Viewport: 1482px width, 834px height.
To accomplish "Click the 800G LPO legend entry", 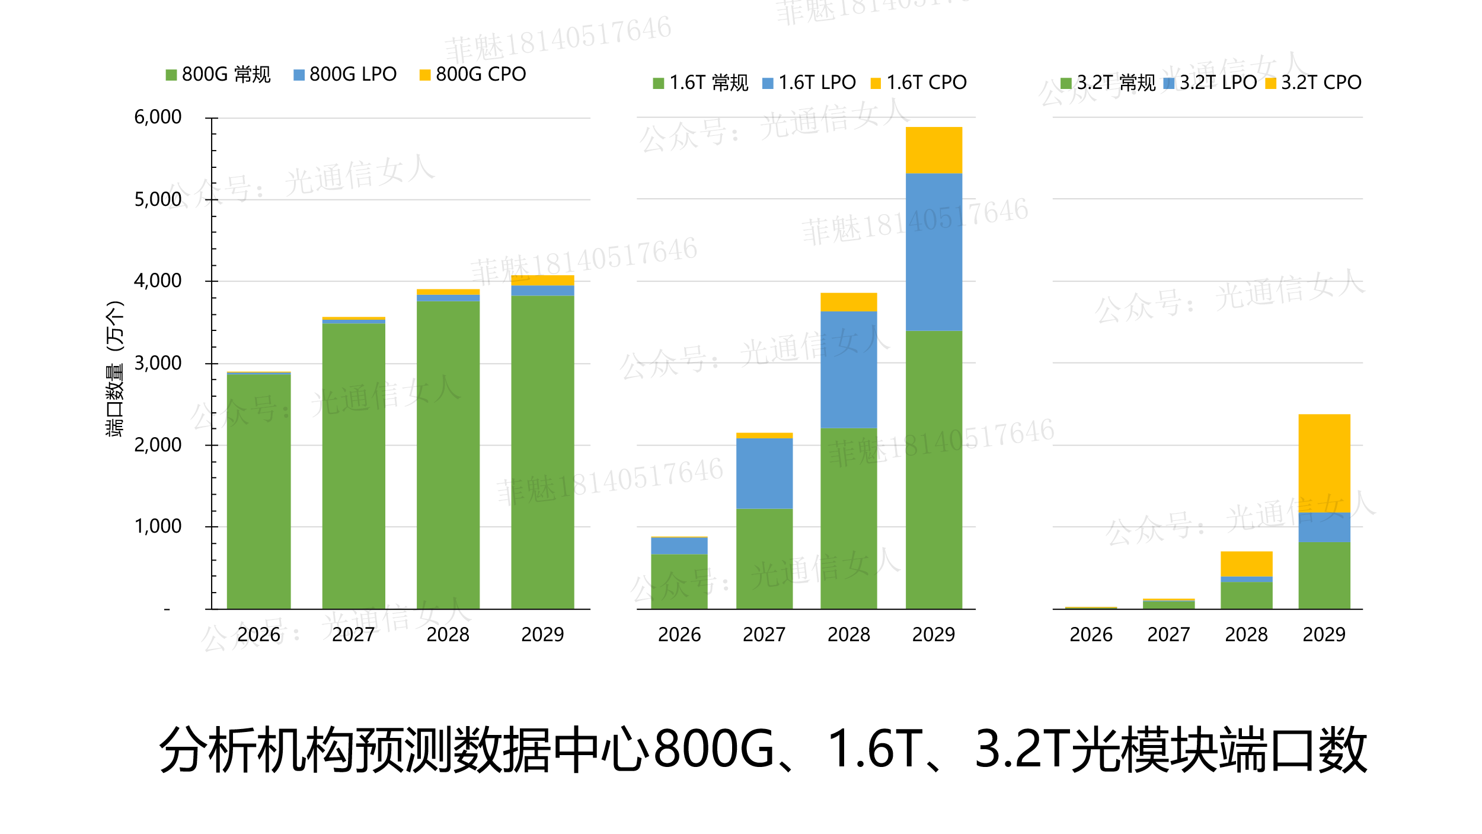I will [x=346, y=75].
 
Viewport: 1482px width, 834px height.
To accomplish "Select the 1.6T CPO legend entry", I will [x=919, y=83].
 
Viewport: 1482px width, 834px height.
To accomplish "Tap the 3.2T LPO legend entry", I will [x=1210, y=83].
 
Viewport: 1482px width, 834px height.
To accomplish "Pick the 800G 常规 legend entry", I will [x=218, y=75].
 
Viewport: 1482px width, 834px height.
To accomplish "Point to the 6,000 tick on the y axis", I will [x=158, y=117].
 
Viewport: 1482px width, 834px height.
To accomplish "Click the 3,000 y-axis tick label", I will [x=158, y=363].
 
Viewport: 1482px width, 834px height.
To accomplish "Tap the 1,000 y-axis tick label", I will [x=158, y=527].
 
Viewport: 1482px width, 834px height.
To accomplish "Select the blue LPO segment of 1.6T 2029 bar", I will [x=934, y=252].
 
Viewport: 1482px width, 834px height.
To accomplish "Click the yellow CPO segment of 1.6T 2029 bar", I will [x=934, y=150].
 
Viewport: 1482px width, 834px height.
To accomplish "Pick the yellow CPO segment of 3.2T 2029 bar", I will [x=1324, y=463].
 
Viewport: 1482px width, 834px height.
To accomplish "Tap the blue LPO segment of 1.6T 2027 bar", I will [x=764, y=473].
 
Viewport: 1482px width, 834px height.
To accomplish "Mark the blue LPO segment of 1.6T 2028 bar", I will [x=848, y=369].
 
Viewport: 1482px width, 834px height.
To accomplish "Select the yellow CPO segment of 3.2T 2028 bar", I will [x=1246, y=564].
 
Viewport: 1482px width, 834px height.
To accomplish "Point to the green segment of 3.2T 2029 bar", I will [x=1324, y=575].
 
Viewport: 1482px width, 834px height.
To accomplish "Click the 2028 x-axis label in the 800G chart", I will [x=448, y=635].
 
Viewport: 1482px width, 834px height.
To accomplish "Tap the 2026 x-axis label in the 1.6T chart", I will [x=679, y=635].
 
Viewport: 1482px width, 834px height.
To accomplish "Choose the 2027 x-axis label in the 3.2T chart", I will [x=1168, y=635].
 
